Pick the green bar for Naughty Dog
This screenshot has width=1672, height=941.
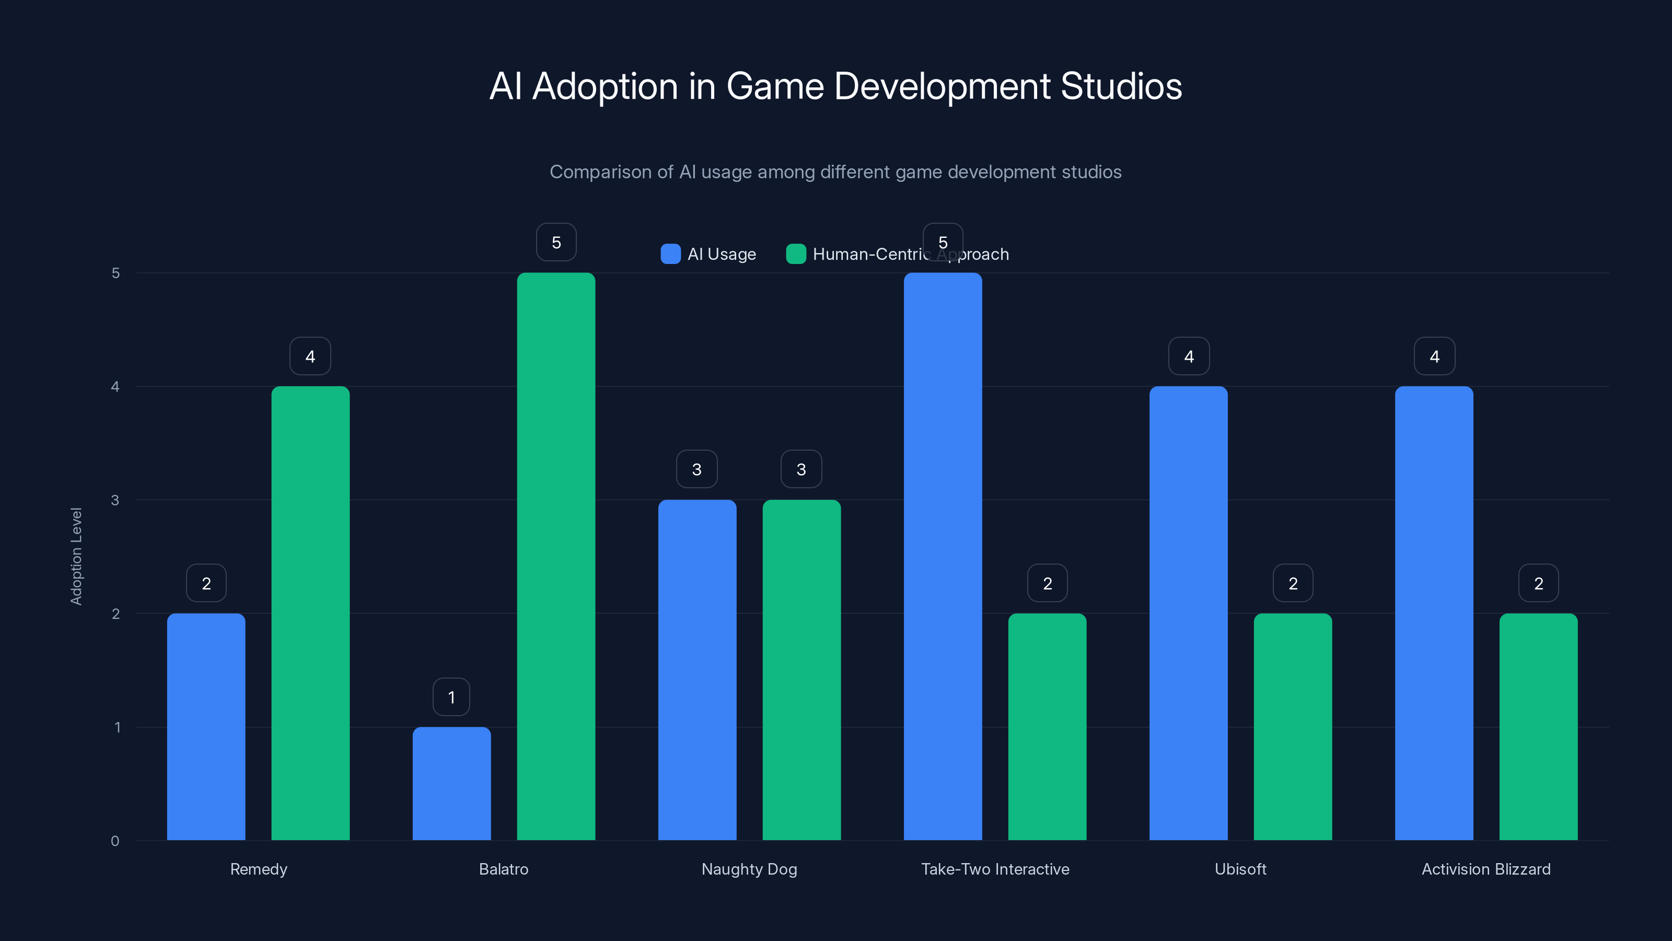point(801,669)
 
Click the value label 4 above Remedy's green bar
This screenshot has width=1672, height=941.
point(310,356)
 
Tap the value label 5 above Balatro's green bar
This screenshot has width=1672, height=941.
point(556,242)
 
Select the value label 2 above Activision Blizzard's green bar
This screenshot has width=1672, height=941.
point(1538,583)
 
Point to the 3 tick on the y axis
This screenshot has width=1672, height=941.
point(115,500)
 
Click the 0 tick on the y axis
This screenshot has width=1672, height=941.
point(115,841)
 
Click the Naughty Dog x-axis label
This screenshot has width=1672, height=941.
point(749,869)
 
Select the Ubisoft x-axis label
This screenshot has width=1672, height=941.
point(1240,869)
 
